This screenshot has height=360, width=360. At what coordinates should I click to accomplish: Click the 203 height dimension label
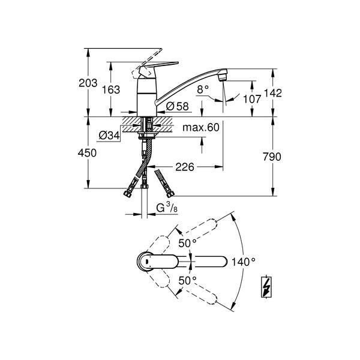click(88, 83)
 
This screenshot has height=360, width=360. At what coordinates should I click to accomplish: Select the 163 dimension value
click(111, 90)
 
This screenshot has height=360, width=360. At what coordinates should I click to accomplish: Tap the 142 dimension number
click(272, 93)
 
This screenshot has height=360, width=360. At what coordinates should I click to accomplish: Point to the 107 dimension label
click(252, 99)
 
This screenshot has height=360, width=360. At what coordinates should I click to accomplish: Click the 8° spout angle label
click(203, 89)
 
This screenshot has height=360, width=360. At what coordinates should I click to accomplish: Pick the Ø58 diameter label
click(177, 106)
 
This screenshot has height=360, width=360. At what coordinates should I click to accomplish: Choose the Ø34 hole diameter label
click(109, 136)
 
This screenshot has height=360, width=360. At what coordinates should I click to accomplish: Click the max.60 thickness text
click(201, 127)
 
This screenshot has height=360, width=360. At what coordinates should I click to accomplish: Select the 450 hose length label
click(87, 153)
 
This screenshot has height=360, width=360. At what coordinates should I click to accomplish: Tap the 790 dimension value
click(272, 157)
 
